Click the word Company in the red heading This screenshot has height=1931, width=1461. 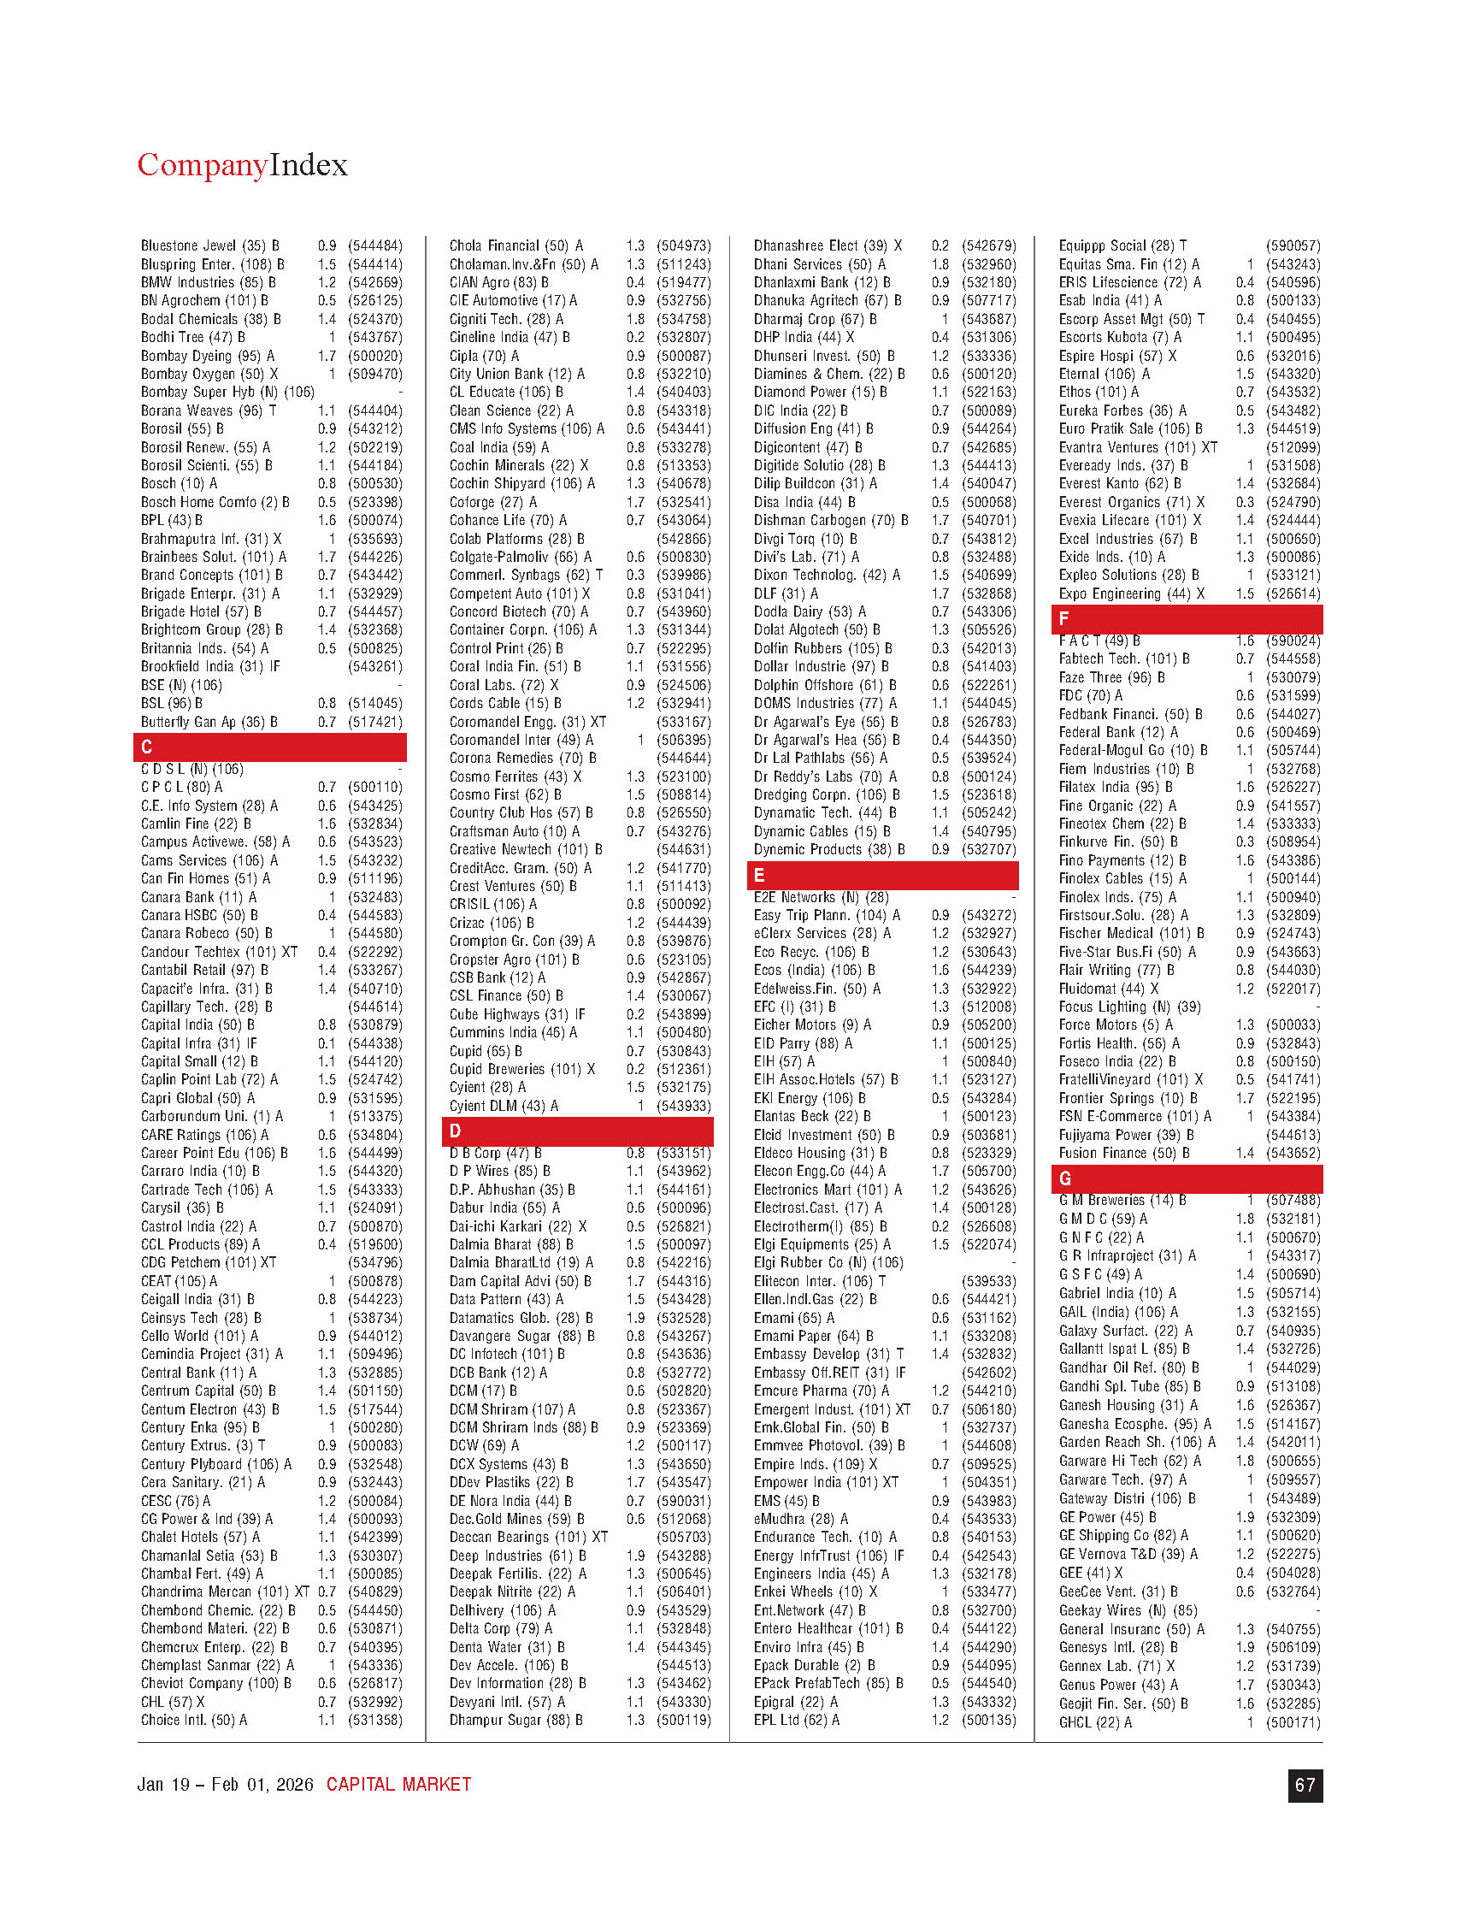(202, 165)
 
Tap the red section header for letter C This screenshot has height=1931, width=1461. (269, 747)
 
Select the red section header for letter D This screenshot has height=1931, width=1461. (577, 1131)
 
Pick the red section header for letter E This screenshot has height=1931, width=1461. (882, 876)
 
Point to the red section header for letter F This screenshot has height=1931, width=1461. (1187, 619)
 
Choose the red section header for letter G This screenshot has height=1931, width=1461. (1187, 1178)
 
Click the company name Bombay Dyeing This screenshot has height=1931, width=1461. (186, 356)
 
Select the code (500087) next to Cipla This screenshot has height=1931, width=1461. (683, 356)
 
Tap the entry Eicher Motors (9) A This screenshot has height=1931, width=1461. (811, 1025)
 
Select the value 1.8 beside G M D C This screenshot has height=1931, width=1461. (1245, 1219)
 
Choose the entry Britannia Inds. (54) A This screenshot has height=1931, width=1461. (205, 648)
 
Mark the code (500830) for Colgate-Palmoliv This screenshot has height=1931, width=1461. (683, 557)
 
